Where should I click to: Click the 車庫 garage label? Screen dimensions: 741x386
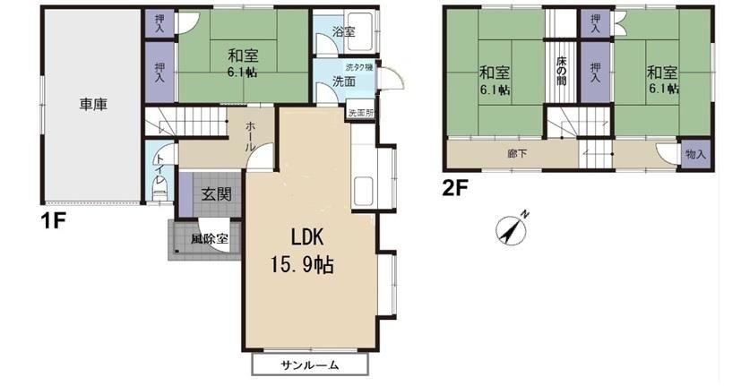tap(93, 105)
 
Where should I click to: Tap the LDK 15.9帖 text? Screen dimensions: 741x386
tap(303, 251)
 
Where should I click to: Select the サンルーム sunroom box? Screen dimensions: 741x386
tap(309, 365)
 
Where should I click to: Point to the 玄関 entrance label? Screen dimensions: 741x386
tap(217, 193)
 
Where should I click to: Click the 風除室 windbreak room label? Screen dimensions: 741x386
tap(210, 239)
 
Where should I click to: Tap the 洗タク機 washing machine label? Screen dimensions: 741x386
tap(359, 67)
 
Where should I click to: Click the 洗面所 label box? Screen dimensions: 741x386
tap(361, 113)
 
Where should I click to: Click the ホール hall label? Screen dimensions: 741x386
tap(250, 136)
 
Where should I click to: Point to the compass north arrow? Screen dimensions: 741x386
tap(513, 227)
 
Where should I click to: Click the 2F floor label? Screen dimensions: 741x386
tap(454, 188)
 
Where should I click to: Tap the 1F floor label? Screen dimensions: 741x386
tap(53, 220)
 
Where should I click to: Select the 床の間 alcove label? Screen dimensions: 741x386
tap(561, 72)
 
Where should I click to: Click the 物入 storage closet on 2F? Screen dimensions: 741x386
tap(695, 153)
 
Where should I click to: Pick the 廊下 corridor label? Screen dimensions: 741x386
tap(517, 153)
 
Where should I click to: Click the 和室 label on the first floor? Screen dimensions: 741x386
tap(243, 56)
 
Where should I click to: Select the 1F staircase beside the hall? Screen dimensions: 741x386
tap(185, 122)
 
